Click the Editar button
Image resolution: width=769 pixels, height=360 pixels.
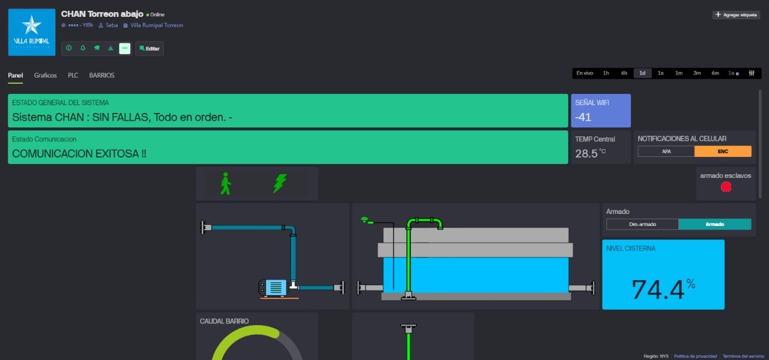click(x=150, y=49)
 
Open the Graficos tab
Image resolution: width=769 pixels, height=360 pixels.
click(x=45, y=75)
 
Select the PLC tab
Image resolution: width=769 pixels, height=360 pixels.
click(x=73, y=75)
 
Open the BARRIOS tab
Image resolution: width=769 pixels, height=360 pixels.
click(x=102, y=75)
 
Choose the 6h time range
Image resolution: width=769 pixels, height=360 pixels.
click(x=624, y=73)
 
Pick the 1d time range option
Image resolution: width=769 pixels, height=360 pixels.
click(x=642, y=73)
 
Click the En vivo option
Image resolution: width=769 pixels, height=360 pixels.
click(x=585, y=73)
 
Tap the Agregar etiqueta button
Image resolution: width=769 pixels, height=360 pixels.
click(x=736, y=15)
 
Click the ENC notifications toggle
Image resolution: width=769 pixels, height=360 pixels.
click(x=723, y=151)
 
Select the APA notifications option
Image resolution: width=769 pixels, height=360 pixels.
click(x=666, y=151)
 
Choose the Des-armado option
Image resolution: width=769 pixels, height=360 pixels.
click(x=642, y=224)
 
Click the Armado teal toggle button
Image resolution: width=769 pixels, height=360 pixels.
click(x=714, y=224)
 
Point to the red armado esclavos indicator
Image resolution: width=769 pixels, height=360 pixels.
click(x=726, y=187)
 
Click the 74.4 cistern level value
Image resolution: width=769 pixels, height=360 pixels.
click(x=658, y=290)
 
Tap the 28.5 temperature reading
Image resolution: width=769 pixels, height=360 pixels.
click(x=586, y=153)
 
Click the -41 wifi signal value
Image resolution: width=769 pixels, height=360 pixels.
click(x=583, y=117)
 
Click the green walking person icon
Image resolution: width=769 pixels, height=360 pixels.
click(x=225, y=183)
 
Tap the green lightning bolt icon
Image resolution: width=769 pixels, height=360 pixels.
click(x=279, y=183)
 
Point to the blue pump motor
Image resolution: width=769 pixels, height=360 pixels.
click(x=274, y=287)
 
